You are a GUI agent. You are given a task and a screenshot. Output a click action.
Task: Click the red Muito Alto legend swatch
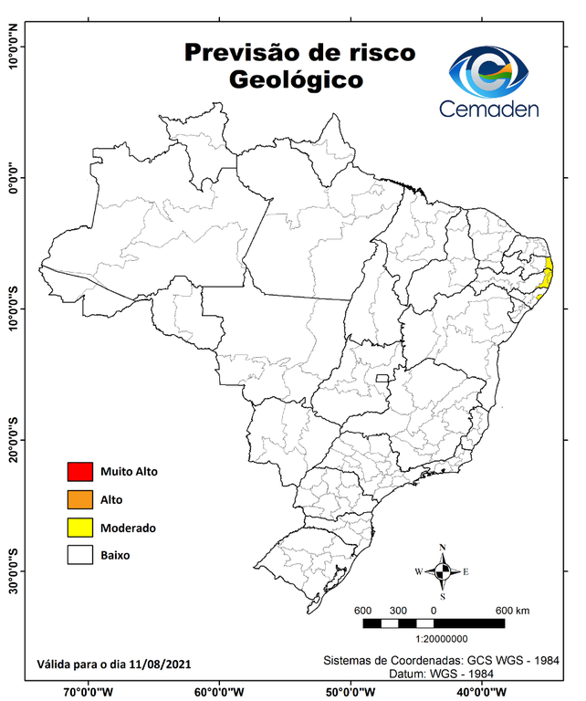tap(80, 472)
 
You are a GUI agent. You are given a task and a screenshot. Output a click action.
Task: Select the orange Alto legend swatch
tap(80, 499)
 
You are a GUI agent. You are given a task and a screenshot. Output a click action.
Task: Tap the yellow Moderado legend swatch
tap(80, 528)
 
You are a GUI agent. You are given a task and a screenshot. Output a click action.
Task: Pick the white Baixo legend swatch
tap(80, 555)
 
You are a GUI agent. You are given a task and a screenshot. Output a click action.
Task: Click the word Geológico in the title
tap(296, 80)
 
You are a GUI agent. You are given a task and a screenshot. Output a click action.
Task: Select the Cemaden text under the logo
tap(488, 110)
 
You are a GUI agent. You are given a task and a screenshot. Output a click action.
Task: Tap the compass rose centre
tap(443, 572)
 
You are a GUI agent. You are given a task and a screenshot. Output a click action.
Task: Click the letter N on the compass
tap(443, 548)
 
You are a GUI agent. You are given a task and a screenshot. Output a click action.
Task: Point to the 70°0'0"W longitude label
tap(89, 691)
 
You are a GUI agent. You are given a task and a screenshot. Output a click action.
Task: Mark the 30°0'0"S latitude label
tap(14, 571)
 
